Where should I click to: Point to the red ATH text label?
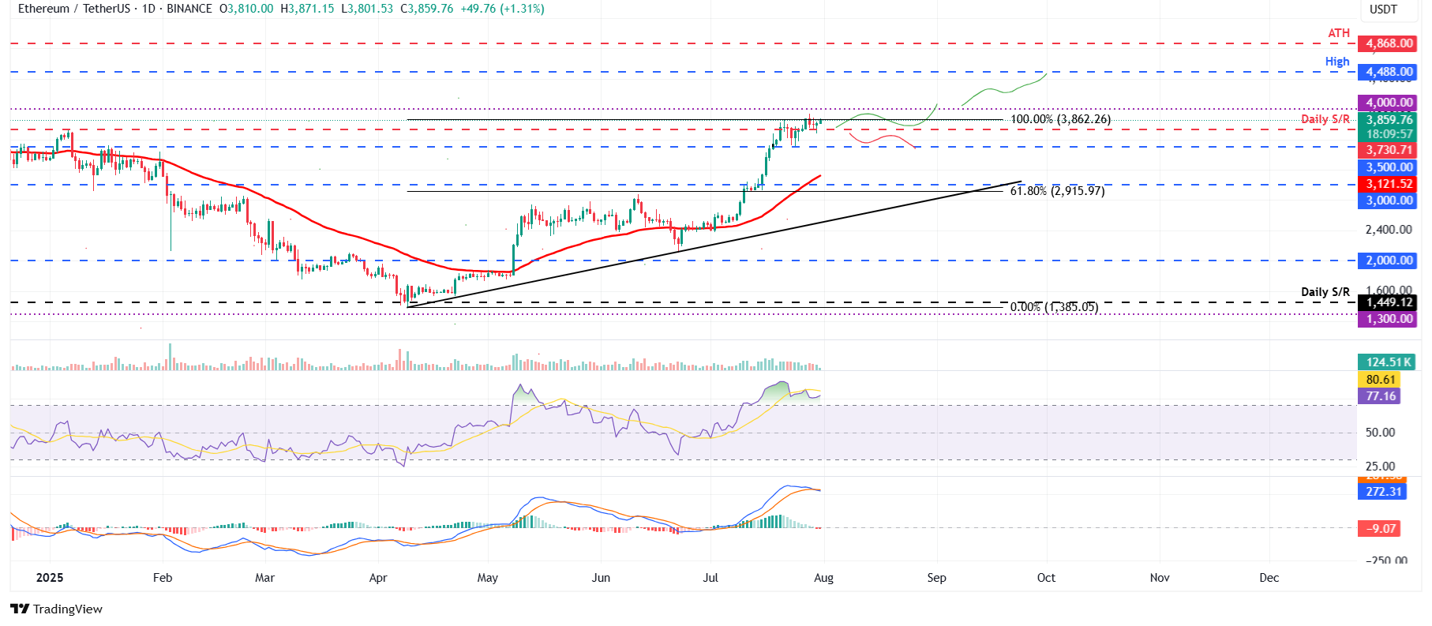[x=1339, y=33]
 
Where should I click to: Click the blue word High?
[x=1337, y=62]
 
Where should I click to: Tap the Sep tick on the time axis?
[x=936, y=578]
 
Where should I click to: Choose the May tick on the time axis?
[x=488, y=578]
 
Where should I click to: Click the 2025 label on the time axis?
[x=50, y=578]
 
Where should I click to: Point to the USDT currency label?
[x=1383, y=9]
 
